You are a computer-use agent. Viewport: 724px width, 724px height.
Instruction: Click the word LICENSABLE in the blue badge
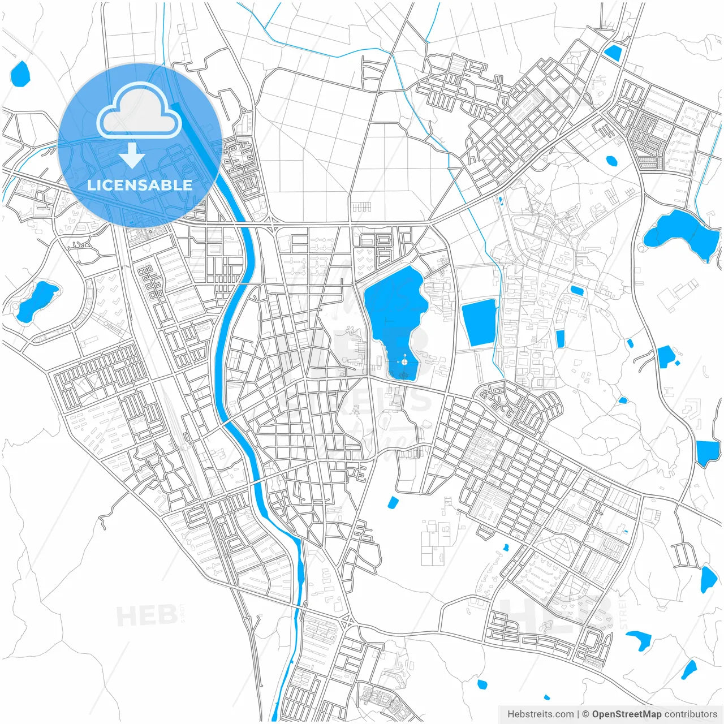(140, 185)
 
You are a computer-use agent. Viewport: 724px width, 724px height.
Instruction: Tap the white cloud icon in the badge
(139, 111)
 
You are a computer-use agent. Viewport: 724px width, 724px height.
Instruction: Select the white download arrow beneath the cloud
(132, 156)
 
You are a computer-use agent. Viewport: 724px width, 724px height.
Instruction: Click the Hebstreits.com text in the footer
(540, 714)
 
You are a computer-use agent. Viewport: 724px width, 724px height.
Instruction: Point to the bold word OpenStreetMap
(627, 714)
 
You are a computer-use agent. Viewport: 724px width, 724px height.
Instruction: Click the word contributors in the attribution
(691, 714)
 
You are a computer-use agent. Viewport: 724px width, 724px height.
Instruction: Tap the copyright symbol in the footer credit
(586, 714)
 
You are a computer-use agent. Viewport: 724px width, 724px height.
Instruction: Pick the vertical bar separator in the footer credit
(578, 714)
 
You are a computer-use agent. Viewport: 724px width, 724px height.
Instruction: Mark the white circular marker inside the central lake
(404, 362)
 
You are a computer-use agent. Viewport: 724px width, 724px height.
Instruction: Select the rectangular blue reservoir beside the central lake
(479, 322)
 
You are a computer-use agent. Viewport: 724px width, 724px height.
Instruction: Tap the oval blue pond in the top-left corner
(20, 74)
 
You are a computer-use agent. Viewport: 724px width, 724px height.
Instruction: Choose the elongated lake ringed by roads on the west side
(37, 300)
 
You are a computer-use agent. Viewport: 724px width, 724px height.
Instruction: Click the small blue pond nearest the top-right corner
(613, 53)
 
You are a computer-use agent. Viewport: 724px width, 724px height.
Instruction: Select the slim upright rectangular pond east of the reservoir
(560, 339)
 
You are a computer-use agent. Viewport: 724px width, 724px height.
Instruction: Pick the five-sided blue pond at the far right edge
(707, 453)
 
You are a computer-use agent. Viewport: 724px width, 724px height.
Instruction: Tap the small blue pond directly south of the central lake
(393, 502)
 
